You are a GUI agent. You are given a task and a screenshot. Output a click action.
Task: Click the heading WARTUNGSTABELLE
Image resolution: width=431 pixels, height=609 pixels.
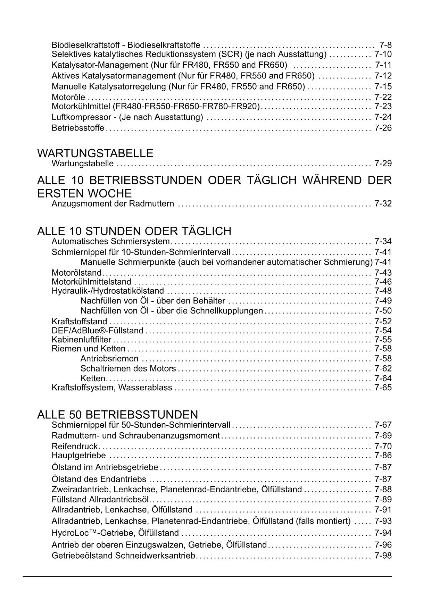tap(95, 153)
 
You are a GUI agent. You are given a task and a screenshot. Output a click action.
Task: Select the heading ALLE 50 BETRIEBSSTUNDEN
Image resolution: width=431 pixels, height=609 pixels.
tap(117, 415)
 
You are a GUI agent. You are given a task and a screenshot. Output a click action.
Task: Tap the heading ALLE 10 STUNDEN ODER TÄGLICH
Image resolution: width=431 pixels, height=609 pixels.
tap(134, 231)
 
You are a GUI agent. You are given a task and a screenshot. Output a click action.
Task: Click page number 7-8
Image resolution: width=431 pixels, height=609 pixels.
tap(386, 45)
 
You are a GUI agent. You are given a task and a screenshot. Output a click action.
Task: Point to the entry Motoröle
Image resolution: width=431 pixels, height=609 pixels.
tap(68, 97)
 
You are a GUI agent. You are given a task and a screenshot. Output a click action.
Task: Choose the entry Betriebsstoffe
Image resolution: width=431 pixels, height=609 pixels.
tap(78, 128)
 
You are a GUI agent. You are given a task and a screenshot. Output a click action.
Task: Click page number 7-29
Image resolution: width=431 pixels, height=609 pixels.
tap(383, 163)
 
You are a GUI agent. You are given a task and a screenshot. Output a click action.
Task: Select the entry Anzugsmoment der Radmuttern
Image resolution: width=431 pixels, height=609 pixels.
tap(113, 203)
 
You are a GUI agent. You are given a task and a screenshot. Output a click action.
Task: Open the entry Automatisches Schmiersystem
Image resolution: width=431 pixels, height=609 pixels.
tap(110, 241)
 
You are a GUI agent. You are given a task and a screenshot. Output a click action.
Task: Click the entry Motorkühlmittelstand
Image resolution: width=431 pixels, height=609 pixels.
tap(91, 282)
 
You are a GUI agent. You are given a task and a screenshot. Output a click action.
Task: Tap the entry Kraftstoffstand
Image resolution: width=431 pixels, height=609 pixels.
tap(79, 322)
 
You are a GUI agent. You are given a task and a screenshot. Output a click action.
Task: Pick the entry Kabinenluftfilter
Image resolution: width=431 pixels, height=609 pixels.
tap(81, 340)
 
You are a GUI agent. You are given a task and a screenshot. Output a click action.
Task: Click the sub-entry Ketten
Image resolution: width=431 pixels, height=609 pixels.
tap(93, 378)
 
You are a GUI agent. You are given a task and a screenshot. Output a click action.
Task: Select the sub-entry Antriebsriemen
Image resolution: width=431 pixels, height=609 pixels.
tap(109, 358)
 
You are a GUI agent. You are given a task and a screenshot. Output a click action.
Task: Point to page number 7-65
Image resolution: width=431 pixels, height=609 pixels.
tap(383, 387)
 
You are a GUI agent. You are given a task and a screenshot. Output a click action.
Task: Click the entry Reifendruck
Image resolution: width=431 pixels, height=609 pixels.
tap(74, 446)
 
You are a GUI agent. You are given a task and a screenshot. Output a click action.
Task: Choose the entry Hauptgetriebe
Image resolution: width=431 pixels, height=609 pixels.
tap(78, 455)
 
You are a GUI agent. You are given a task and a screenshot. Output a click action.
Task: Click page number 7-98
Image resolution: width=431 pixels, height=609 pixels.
tap(383, 556)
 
